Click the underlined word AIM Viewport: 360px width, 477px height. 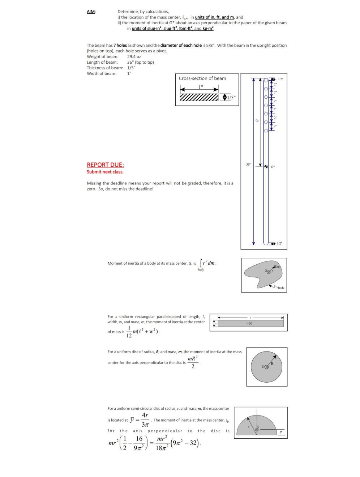point(91,12)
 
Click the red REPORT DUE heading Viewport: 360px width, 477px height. point(105,165)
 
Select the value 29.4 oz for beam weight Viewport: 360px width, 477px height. point(134,57)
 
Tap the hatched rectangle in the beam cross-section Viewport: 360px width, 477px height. point(199,97)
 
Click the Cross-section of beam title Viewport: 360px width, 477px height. point(202,78)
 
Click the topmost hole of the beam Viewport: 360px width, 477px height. point(266,80)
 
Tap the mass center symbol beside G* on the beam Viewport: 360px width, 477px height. point(266,166)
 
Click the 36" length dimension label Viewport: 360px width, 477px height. point(248,164)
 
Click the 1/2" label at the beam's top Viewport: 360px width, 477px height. point(280,79)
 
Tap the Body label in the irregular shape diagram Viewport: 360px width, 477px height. point(281,288)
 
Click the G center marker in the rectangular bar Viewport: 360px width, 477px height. point(249,324)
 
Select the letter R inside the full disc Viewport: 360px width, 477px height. point(272,363)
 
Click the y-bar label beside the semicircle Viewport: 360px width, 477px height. point(280,432)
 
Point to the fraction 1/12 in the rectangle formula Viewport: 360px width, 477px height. point(129,332)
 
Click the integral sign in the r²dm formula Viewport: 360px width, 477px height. point(201,264)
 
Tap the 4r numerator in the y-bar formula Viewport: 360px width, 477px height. point(145,415)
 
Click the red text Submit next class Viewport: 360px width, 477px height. point(105,172)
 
